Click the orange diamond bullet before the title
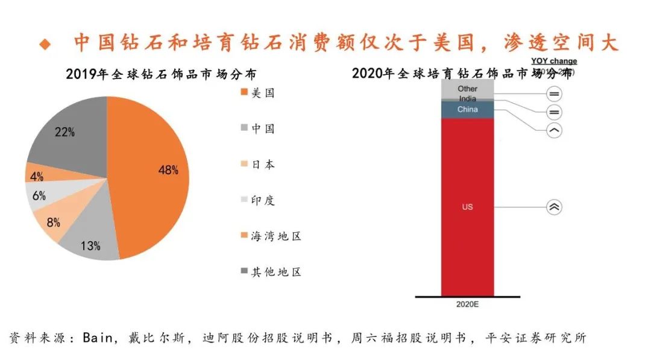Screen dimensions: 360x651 45,44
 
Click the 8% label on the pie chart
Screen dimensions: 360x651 54,223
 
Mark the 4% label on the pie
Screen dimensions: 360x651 37,177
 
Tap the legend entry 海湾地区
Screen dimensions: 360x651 275,236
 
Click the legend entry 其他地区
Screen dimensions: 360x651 275,272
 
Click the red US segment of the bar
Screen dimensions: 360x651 467,207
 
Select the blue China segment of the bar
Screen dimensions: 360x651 467,109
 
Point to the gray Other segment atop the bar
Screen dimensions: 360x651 467,89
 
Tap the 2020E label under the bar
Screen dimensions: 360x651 467,304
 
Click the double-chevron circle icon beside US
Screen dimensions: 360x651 554,207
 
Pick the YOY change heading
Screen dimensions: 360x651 553,61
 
